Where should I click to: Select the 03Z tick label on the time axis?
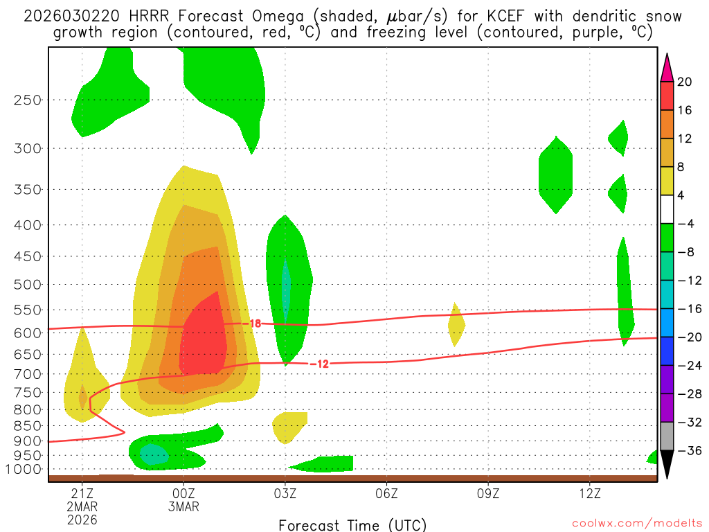point(285,494)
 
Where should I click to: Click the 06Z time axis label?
point(386,494)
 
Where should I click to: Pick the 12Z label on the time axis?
point(589,494)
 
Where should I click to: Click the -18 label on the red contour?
point(254,323)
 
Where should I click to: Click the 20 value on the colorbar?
point(685,82)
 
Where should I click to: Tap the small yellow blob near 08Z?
point(456,324)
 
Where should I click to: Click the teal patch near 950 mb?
point(153,454)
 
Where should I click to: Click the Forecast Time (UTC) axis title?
point(352,524)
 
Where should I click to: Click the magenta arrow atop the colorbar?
point(667,67)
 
